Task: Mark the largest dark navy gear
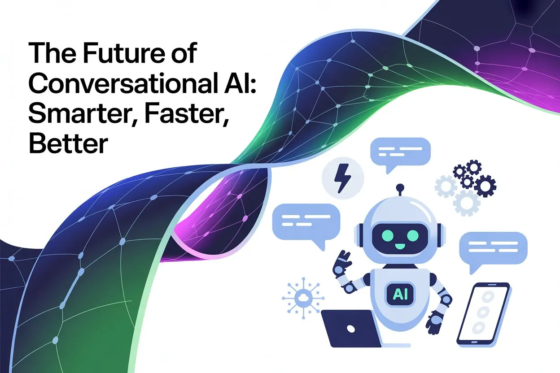tap(484, 185)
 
